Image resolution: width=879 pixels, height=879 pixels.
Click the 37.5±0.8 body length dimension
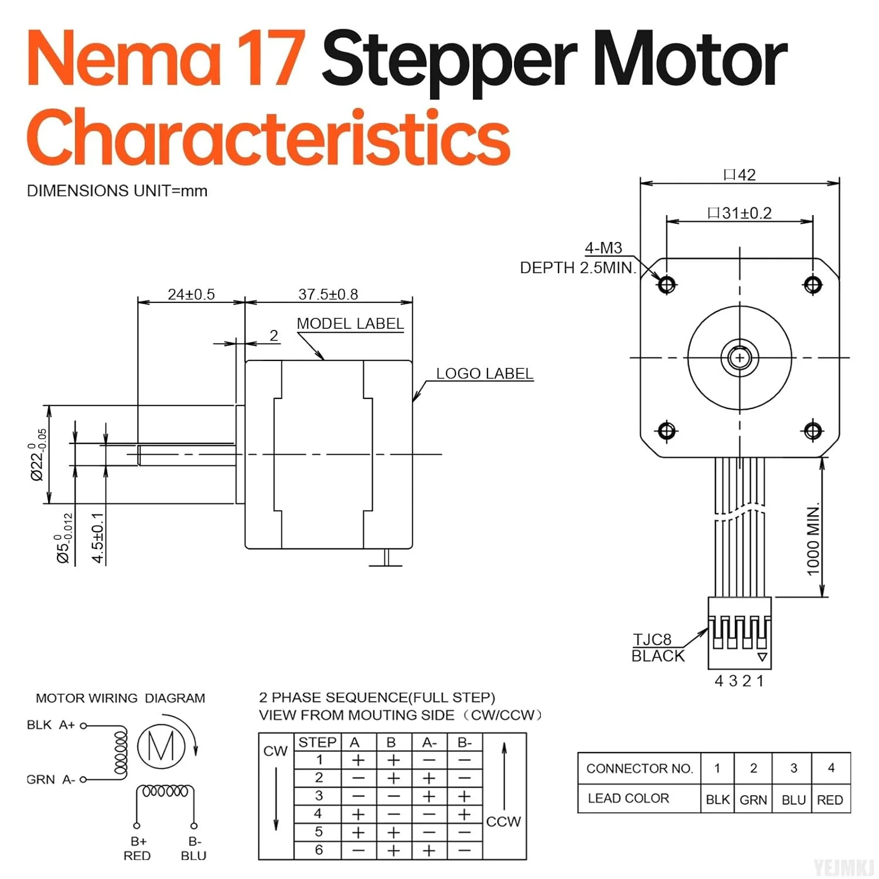click(328, 294)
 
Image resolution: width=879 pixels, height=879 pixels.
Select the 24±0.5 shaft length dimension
click(191, 294)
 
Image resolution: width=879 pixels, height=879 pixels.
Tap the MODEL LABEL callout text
click(350, 323)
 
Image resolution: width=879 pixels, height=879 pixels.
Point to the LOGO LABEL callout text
click(484, 373)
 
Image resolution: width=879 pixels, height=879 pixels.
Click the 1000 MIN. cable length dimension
click(813, 539)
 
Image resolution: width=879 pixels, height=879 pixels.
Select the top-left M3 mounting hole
click(667, 285)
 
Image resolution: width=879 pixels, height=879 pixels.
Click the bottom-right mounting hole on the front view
click(813, 431)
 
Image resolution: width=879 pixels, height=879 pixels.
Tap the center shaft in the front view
click(740, 357)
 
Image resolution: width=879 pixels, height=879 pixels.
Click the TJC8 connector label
click(652, 639)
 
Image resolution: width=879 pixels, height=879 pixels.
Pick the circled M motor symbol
click(161, 746)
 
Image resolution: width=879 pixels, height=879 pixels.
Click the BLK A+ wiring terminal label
click(51, 725)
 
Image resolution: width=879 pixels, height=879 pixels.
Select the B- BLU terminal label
click(194, 849)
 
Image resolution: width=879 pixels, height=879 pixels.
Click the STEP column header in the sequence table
click(317, 742)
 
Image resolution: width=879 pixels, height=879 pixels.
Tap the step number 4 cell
click(318, 813)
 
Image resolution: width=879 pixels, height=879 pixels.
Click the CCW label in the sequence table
click(503, 822)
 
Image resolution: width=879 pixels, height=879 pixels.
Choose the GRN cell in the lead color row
click(753, 800)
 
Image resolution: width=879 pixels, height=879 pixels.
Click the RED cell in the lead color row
click(830, 800)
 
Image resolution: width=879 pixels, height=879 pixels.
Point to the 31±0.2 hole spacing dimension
click(740, 213)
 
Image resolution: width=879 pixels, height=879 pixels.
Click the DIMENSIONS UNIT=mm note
click(117, 191)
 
